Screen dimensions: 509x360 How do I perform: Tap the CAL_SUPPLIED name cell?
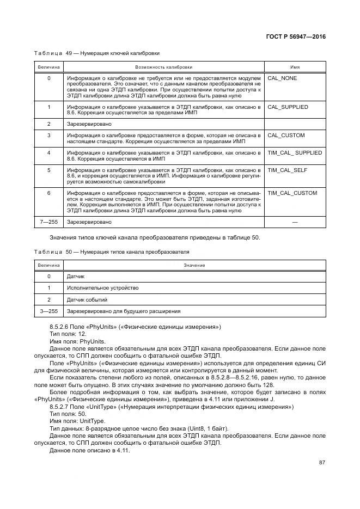[288, 107]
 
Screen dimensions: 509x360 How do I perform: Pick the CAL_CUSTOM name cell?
[286, 135]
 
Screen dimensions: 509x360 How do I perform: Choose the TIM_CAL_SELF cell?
[288, 170]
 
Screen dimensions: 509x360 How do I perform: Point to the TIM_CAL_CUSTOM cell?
[292, 193]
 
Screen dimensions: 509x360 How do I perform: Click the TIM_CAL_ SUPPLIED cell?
[295, 152]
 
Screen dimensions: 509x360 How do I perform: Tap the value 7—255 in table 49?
[49, 222]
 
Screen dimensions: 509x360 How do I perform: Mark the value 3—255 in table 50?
[49, 311]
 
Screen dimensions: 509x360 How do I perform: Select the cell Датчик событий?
[87, 299]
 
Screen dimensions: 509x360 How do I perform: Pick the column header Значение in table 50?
[194, 265]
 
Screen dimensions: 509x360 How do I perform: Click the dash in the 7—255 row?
[295, 222]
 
